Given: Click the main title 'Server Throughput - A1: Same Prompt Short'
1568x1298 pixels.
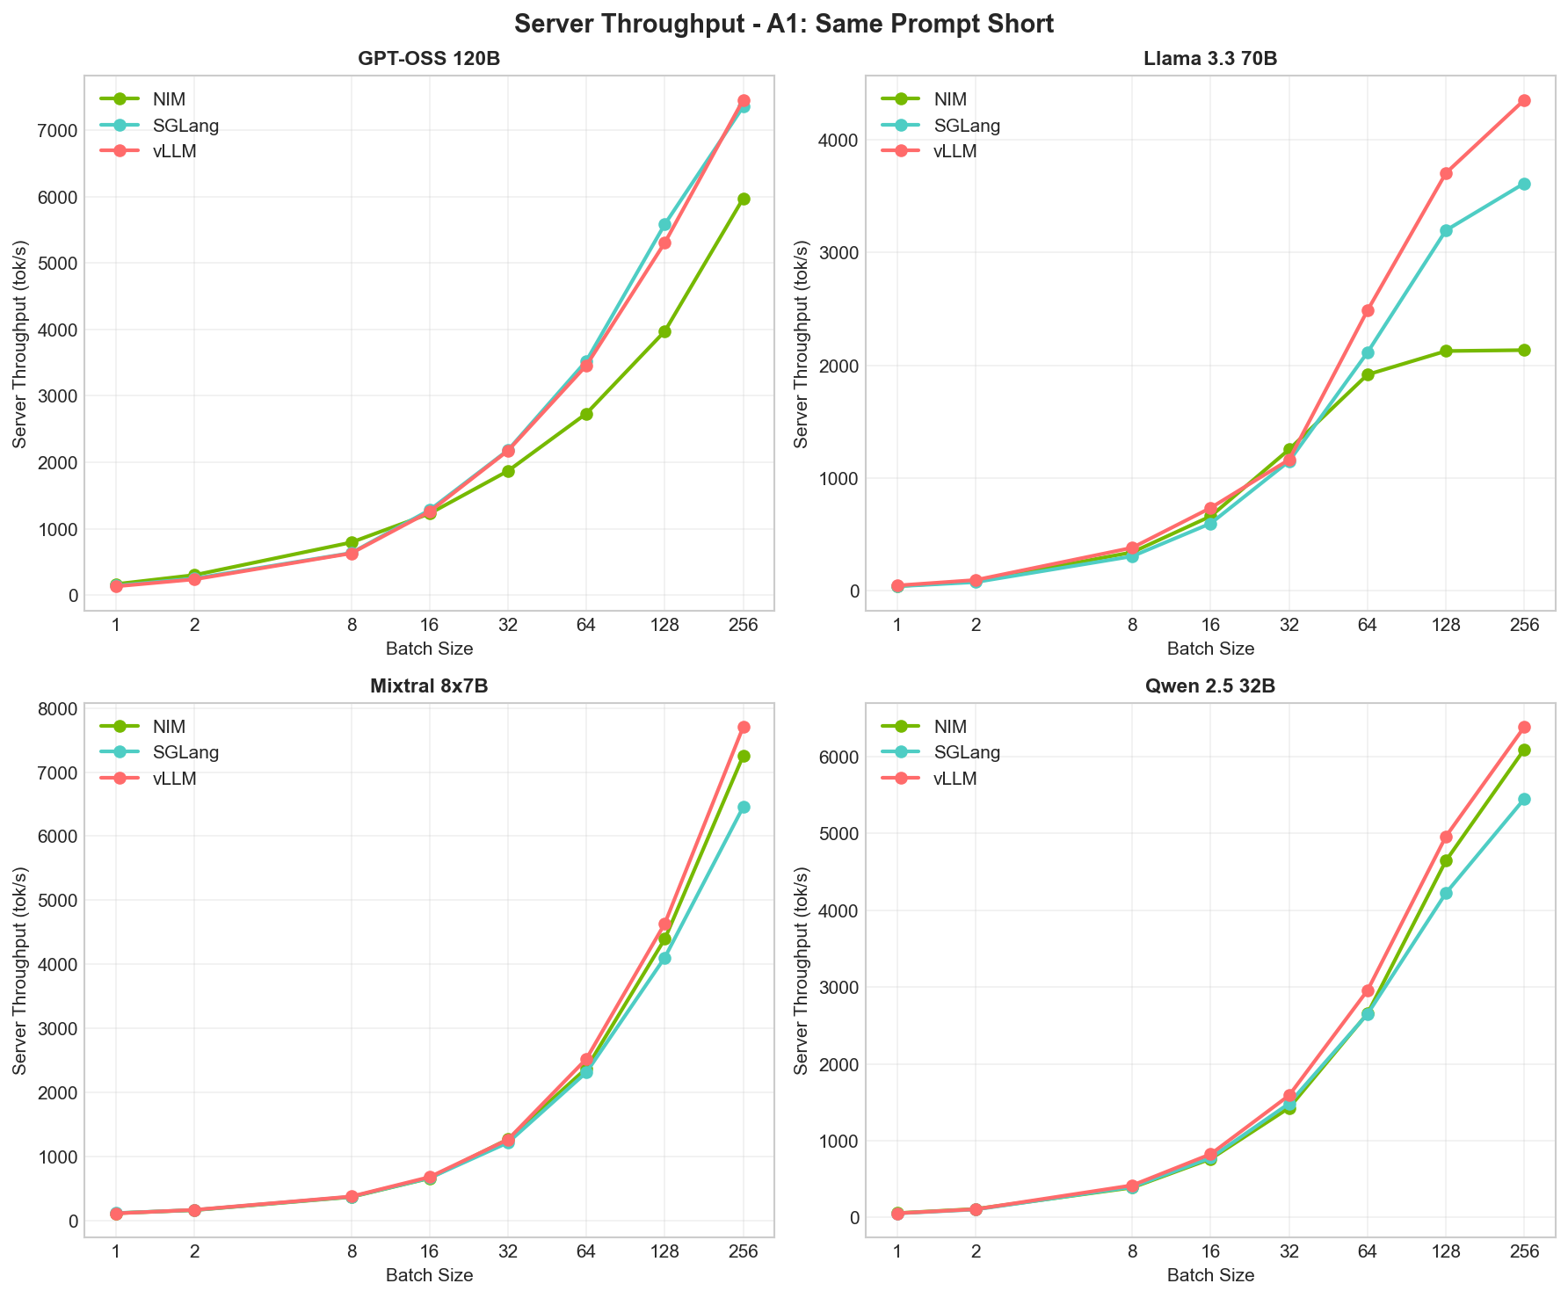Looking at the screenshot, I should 783,24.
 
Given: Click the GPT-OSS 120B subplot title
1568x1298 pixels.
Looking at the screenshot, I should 429,60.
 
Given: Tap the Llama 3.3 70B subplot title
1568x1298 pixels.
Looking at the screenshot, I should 1209,60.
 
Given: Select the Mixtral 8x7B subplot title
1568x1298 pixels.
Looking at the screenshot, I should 429,687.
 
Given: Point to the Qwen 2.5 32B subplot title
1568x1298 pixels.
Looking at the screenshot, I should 1209,687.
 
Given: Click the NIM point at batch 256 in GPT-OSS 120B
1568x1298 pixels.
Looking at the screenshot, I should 744,199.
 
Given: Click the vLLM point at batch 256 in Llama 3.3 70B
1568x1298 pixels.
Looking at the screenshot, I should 1524,100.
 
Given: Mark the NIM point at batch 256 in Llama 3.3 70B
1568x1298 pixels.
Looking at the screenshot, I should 1524,350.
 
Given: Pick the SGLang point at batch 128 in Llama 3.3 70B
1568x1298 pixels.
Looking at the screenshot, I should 1446,230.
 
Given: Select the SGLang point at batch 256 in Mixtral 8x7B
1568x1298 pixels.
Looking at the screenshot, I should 744,807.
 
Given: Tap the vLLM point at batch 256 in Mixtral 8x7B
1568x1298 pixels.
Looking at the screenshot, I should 744,727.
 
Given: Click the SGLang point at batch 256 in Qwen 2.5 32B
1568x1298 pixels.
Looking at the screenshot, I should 1524,799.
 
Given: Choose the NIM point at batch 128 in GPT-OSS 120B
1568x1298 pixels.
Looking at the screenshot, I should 664,331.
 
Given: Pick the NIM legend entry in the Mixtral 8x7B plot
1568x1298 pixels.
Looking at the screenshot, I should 168,726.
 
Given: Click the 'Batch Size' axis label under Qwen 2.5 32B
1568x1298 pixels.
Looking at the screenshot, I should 1209,1275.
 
